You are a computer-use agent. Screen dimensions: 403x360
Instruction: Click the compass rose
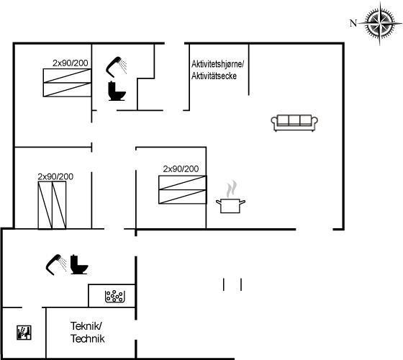[x=380, y=23]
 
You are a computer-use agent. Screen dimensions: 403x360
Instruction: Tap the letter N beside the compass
[x=353, y=23]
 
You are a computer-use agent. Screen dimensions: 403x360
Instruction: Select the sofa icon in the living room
[x=294, y=123]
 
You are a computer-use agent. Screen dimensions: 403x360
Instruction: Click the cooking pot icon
[x=230, y=206]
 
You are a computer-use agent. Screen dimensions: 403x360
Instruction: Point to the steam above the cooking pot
[x=232, y=189]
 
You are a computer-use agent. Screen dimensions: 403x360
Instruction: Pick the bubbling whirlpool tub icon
[x=114, y=297]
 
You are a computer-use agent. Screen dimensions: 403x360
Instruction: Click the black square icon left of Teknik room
[x=24, y=333]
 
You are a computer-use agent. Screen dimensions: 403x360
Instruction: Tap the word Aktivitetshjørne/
[x=217, y=64]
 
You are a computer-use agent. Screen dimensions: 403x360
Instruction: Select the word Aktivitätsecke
[x=214, y=76]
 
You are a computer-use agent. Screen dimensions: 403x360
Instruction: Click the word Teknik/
[x=86, y=326]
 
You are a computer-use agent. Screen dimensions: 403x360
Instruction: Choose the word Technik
[x=88, y=338]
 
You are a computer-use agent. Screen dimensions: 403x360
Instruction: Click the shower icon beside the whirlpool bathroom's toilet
[x=56, y=265]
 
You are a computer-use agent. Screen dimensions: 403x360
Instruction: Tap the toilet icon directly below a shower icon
[x=117, y=91]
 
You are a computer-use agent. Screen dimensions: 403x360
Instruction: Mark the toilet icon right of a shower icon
[x=79, y=264]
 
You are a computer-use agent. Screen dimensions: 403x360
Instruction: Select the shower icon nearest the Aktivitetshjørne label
[x=116, y=67]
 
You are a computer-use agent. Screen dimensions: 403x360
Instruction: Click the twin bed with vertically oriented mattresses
[x=52, y=205]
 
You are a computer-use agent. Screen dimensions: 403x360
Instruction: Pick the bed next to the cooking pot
[x=183, y=190]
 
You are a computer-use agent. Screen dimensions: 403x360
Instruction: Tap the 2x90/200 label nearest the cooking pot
[x=181, y=169]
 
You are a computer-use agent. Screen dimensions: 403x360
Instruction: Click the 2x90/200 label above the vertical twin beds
[x=55, y=176]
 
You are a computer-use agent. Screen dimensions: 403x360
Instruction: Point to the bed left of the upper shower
[x=67, y=83]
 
